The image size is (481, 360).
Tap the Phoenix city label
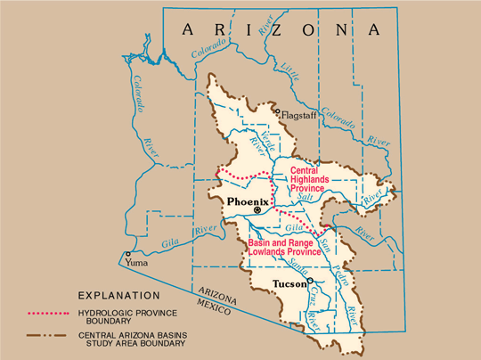click(x=248, y=201)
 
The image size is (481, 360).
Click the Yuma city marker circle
click(x=128, y=254)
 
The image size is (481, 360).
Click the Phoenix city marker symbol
click(x=257, y=212)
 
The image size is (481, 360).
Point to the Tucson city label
click(x=289, y=285)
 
